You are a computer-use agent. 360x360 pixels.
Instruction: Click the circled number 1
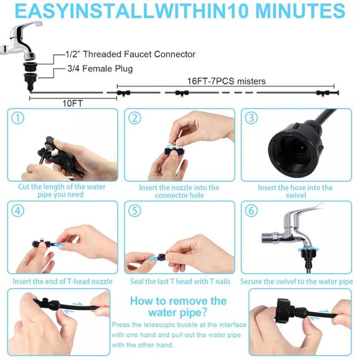(x=18, y=119)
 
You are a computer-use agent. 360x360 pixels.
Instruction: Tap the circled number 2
(x=135, y=119)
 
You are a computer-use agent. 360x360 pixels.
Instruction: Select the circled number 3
(x=251, y=118)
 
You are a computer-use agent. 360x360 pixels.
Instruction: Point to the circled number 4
(x=18, y=210)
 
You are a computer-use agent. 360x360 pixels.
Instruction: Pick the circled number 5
(x=135, y=210)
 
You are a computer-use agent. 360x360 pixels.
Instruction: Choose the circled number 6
(x=251, y=210)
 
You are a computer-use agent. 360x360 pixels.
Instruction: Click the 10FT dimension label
(x=73, y=104)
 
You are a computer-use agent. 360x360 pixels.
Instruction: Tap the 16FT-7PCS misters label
(x=226, y=81)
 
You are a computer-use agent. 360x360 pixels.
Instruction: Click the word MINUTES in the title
(x=300, y=11)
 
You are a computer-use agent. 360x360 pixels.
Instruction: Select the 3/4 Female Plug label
(x=100, y=69)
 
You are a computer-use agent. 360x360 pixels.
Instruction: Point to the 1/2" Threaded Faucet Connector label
(x=130, y=54)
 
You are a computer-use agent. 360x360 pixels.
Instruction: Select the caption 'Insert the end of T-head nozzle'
(x=63, y=282)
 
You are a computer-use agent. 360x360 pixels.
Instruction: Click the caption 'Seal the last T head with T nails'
(x=180, y=282)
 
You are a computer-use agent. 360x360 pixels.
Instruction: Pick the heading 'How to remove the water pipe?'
(x=178, y=306)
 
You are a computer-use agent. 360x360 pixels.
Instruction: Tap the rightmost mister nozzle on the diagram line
(x=323, y=93)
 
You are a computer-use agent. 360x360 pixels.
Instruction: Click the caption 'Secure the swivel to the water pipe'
(x=296, y=282)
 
